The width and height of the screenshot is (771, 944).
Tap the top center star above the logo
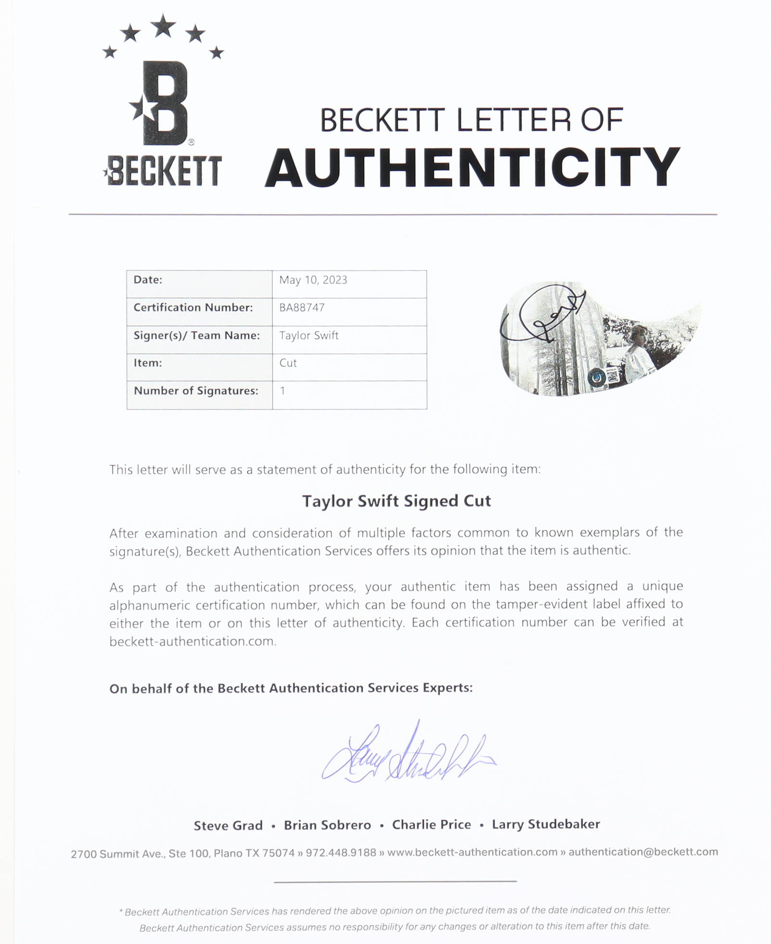[x=164, y=26]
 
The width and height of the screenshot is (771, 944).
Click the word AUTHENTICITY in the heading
[x=472, y=167]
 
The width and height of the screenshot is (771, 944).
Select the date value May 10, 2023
[x=313, y=281]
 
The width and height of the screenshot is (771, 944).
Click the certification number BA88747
[x=302, y=308]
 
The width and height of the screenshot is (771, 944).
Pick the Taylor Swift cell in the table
[x=309, y=336]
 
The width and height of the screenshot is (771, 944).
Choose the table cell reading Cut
[x=288, y=363]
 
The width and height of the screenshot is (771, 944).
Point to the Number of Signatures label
[x=196, y=391]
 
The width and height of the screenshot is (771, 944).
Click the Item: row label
[x=148, y=363]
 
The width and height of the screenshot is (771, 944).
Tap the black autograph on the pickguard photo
[x=543, y=318]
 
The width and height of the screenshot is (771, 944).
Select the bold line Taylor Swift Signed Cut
[x=396, y=501]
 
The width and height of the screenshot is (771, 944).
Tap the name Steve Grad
[x=228, y=826]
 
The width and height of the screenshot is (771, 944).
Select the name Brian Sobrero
[x=327, y=825]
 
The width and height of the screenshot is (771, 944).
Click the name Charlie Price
[x=431, y=825]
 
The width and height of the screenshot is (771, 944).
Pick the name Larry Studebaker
[x=546, y=824]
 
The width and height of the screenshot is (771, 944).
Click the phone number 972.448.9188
[x=341, y=853]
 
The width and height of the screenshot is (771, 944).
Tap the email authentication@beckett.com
[x=643, y=852]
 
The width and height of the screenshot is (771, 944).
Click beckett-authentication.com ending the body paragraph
[x=192, y=641]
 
